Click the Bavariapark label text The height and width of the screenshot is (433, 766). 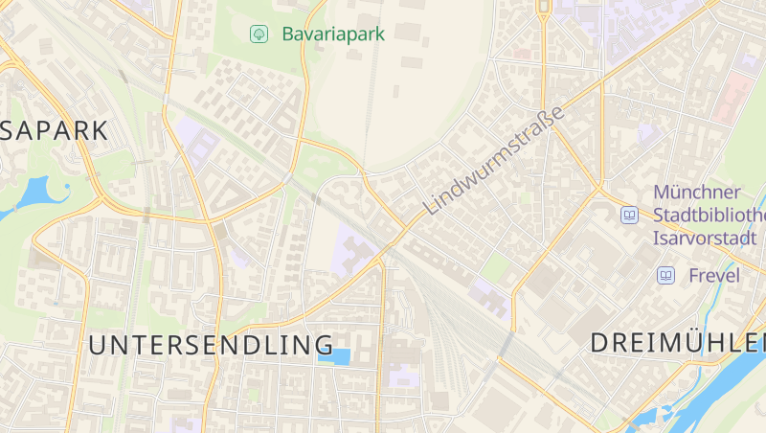(333, 34)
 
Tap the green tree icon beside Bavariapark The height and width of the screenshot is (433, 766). (258, 34)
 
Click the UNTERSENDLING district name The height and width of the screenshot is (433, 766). (212, 345)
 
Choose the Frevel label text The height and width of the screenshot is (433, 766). (714, 276)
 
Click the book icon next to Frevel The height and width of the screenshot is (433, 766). (665, 276)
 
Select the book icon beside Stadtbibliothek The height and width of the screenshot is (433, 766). (629, 216)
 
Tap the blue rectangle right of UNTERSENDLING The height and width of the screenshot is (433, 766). (334, 356)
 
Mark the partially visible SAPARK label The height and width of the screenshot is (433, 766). (53, 131)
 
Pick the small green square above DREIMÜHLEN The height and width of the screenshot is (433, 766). (495, 266)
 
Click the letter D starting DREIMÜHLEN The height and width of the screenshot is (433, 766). (600, 342)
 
